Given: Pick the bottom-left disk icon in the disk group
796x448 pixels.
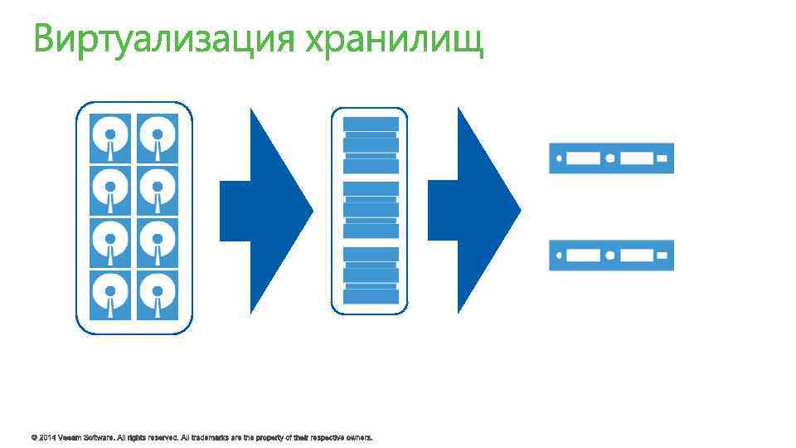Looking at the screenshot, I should pyautogui.click(x=110, y=295).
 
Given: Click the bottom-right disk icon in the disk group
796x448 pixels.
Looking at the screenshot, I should pyautogui.click(x=158, y=295).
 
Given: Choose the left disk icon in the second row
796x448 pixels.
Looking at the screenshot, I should pyautogui.click(x=110, y=189).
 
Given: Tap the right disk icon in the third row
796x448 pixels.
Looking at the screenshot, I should pyautogui.click(x=158, y=241).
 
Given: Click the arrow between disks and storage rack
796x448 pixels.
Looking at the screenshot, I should pyautogui.click(x=265, y=211).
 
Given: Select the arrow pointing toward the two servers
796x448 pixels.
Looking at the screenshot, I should pyautogui.click(x=473, y=211).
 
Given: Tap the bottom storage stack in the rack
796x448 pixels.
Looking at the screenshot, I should pyautogui.click(x=371, y=275).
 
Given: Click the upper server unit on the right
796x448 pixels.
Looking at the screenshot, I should pyautogui.click(x=611, y=158).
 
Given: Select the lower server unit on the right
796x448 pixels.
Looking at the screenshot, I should pyautogui.click(x=611, y=255).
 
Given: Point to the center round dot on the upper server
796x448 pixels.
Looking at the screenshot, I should pyautogui.click(x=611, y=158).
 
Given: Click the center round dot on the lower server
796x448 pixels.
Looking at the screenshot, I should pyautogui.click(x=611, y=255).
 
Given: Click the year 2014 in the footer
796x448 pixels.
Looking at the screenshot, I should pyautogui.click(x=46, y=436).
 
